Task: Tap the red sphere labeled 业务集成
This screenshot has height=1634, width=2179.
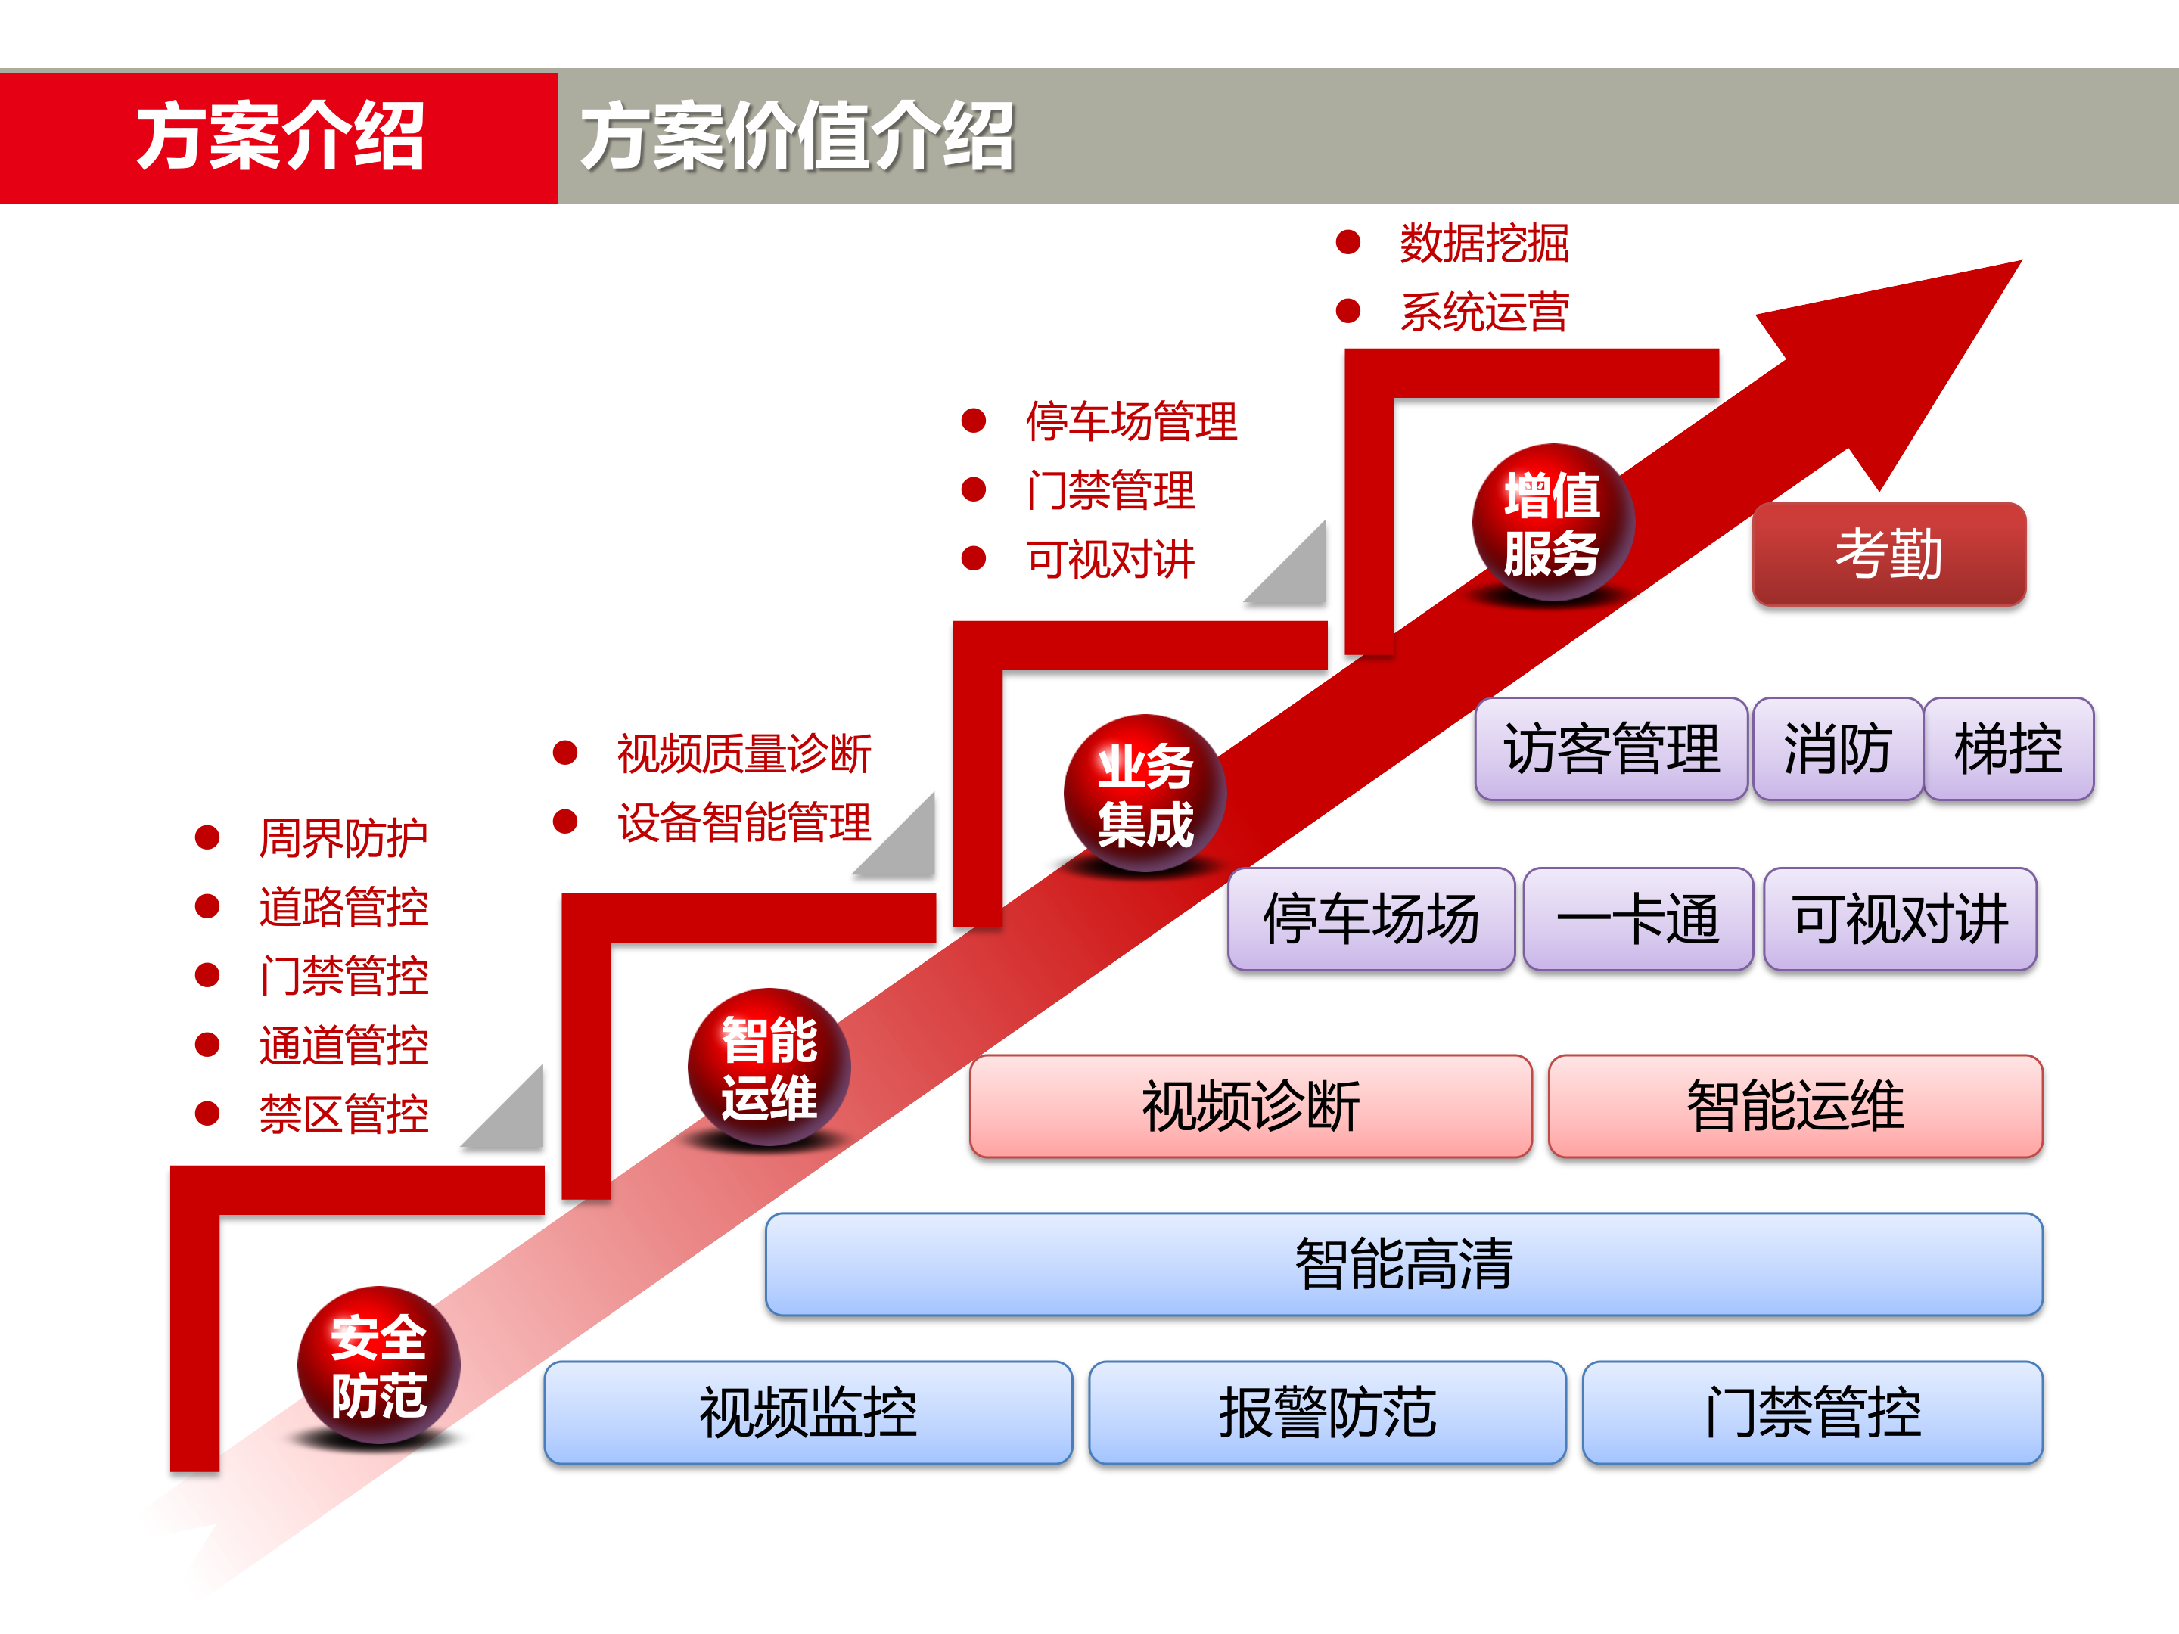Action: point(1145,794)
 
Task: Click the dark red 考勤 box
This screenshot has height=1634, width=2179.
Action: point(1888,554)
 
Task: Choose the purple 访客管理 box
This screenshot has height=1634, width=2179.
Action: point(1611,749)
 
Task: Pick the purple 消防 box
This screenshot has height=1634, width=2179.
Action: point(1837,749)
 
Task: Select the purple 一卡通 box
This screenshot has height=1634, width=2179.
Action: point(1637,919)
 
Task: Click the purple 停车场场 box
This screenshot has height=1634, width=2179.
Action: point(1370,919)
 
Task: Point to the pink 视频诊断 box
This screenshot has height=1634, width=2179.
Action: point(1250,1106)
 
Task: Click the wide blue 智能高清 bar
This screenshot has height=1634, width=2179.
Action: point(1403,1263)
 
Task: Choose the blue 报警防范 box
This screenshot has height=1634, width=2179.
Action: point(1327,1412)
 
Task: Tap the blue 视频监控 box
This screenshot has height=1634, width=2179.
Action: point(808,1412)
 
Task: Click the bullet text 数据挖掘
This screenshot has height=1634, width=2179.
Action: point(1484,244)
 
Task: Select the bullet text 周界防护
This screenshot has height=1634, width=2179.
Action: point(343,838)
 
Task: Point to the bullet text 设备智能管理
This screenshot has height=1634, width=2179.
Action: point(744,822)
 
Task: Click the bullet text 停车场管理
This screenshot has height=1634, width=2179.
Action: point(1131,421)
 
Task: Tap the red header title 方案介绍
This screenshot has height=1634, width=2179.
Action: point(280,137)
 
